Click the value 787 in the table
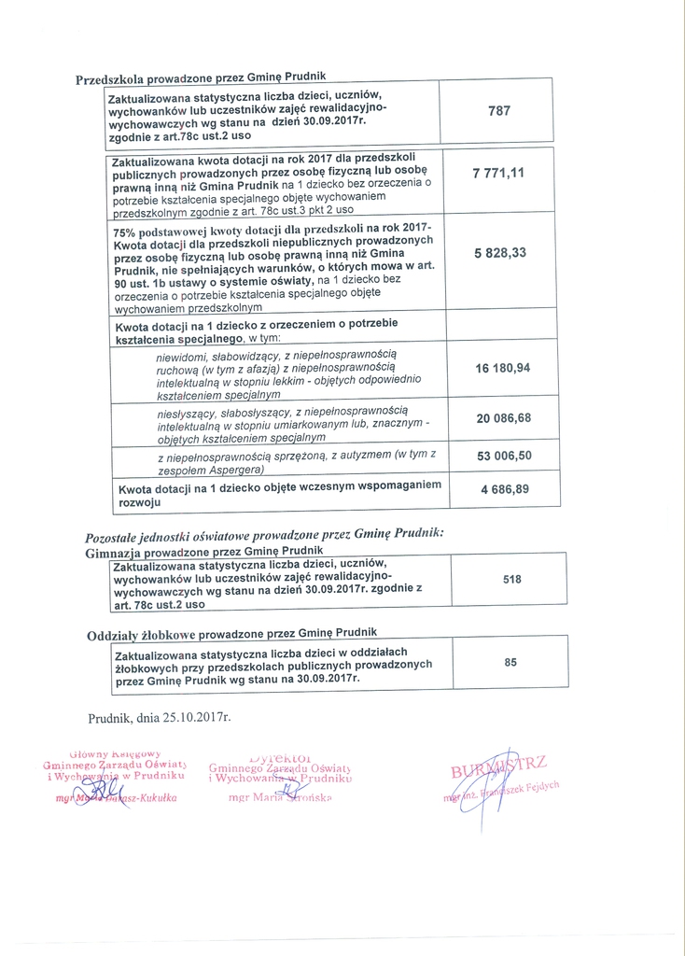pos(499,110)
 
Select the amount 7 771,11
pos(498,174)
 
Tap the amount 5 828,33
pos(499,253)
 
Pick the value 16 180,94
pos(502,369)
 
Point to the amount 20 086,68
pos(503,418)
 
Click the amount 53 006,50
pos(503,456)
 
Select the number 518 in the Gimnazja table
pos(511,580)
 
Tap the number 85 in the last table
pos(510,662)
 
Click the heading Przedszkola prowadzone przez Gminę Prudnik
pos(200,78)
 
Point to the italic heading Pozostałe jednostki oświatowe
pos(264,534)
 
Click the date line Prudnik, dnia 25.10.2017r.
pos(159,718)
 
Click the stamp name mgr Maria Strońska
pos(279,798)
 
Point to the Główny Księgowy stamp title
pos(116,752)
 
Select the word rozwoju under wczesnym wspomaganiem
pos(139,501)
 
